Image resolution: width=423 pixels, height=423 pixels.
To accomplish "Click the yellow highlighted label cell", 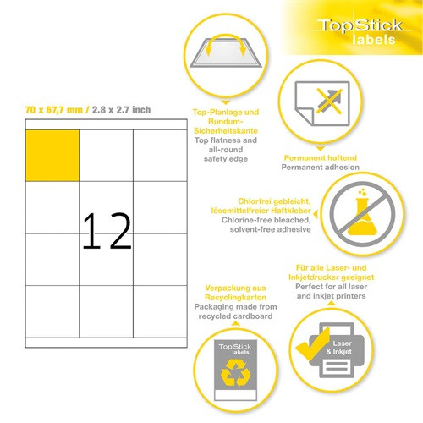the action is pos(52,156).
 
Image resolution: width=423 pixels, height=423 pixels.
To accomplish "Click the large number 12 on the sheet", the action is pos(107,231).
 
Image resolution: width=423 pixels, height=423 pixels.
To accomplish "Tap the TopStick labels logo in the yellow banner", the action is pos(360,31).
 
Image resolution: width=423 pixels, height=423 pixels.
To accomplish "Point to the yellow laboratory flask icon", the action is pos(362,213).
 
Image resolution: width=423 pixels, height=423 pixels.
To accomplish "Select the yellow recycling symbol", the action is pos(236,373).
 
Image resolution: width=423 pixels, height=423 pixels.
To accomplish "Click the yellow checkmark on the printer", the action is pos(312,344).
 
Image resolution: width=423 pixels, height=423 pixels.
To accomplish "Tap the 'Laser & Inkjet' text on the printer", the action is pos(339,348).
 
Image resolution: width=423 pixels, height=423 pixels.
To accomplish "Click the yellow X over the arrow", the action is pos(329,101).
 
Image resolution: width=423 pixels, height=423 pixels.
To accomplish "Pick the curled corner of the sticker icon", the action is pos(305,116).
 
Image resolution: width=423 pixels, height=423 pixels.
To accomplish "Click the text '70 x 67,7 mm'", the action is pos(54,110).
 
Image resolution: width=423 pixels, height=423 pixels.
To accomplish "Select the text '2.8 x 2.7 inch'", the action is pos(121,110).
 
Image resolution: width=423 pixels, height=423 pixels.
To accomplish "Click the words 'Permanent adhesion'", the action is pos(321,168).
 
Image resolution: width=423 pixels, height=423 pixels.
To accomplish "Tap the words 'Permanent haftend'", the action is pos(321,157).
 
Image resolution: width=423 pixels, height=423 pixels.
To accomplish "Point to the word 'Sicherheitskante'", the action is pos(226,131).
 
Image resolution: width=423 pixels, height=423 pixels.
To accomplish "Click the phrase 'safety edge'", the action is pos(226,159).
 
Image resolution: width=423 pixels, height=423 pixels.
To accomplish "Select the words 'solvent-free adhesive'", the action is pos(271,229).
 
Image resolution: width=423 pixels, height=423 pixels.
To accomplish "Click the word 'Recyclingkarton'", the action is pos(235,297).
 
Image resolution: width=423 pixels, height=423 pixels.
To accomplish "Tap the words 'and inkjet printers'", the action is pos(331,296).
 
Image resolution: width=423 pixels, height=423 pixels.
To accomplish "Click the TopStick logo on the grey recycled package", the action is pos(235,349).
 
